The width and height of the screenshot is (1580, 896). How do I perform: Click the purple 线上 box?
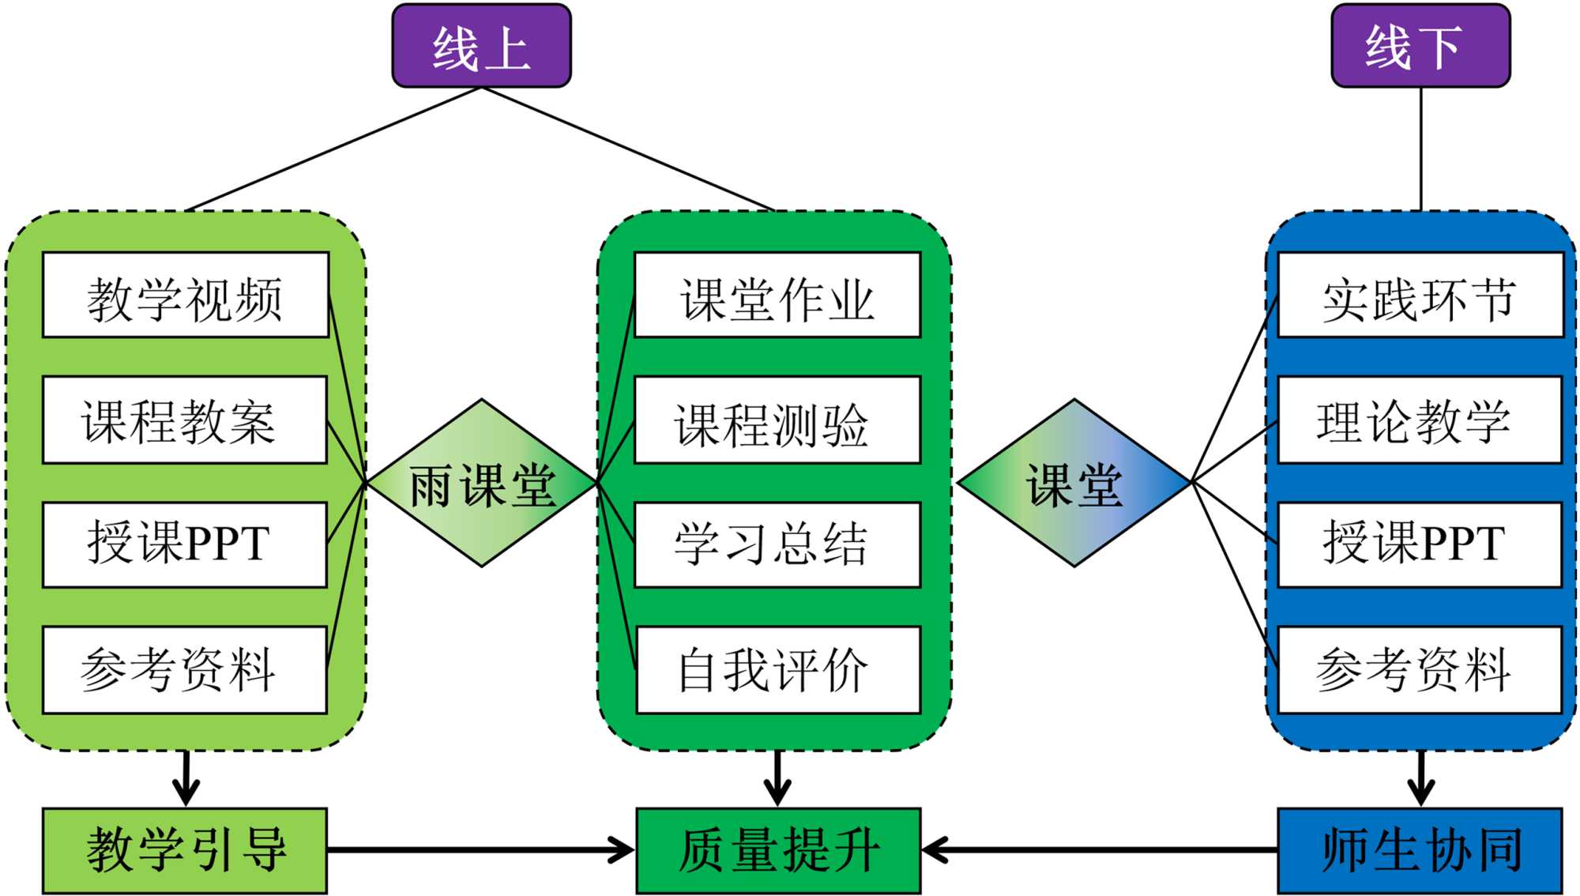coord(481,46)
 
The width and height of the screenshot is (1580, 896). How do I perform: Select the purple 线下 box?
coord(1420,46)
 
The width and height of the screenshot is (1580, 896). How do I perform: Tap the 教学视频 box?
coord(186,296)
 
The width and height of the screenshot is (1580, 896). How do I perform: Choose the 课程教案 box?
coord(185,420)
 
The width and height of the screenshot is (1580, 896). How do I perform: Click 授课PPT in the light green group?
coord(185,544)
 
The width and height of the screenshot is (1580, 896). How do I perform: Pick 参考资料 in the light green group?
coord(185,670)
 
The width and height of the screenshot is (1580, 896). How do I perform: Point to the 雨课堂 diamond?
coord(482,483)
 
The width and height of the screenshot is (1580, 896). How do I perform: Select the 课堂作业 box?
coord(777,296)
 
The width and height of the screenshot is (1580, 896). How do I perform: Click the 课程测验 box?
coord(777,420)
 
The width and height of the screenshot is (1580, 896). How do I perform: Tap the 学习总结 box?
coord(777,544)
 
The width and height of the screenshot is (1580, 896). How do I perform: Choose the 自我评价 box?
coord(778,670)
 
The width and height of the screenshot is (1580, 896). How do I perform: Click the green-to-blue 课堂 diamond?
coord(1074,483)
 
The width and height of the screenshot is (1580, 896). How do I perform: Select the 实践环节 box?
coord(1420,296)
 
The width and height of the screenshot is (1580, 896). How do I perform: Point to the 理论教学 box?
coord(1420,420)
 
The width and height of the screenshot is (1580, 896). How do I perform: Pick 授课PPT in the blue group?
coord(1420,544)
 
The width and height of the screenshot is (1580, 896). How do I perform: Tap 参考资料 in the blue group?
coord(1420,670)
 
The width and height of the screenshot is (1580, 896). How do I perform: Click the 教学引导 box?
coord(185,850)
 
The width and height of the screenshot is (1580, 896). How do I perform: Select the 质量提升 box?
coord(778,850)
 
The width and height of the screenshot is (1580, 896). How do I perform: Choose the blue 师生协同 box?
coord(1420,850)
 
